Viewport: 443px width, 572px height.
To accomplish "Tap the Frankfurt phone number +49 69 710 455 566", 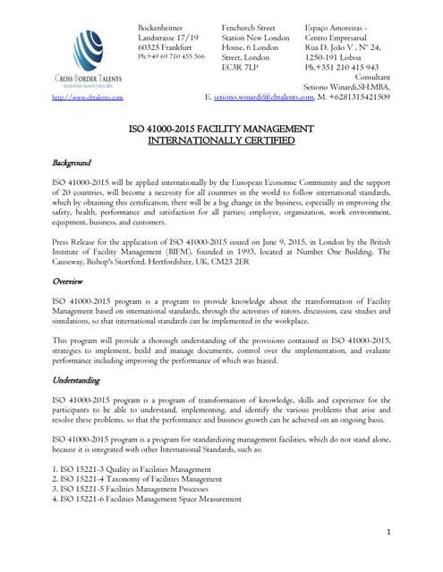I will pos(170,55).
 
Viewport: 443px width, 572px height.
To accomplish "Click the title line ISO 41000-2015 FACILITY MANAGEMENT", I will pos(220,128).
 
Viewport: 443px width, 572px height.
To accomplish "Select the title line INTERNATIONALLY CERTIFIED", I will pos(220,140).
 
